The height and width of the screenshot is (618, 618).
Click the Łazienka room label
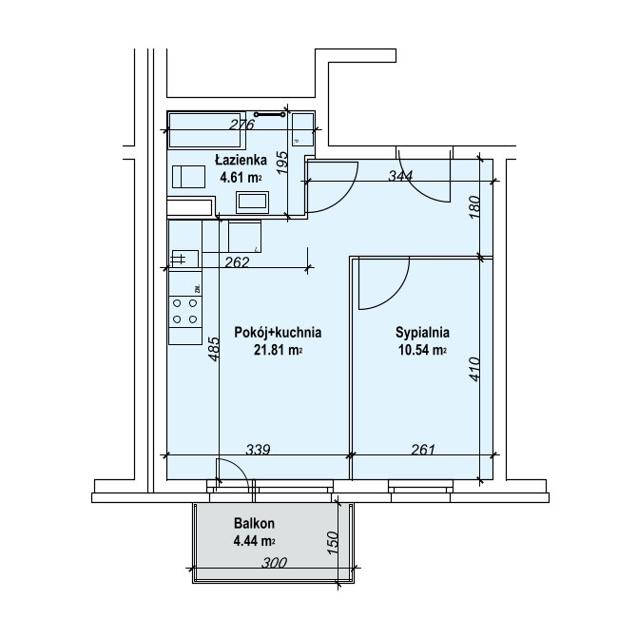241,160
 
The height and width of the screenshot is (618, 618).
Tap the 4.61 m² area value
241,178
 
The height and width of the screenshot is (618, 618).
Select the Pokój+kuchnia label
278,332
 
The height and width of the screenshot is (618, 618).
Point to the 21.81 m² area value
278,350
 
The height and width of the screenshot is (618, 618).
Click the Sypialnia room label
422,332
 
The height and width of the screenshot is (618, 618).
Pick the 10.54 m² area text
422,350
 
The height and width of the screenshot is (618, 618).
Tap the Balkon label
254,524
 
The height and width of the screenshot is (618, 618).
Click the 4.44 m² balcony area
254,541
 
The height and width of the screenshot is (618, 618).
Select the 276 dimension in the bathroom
242,125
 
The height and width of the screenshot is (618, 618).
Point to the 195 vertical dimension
282,163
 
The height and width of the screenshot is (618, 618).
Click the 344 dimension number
400,175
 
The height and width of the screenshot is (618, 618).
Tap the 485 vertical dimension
213,348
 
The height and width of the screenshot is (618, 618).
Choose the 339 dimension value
259,449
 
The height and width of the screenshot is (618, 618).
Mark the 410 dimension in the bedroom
474,369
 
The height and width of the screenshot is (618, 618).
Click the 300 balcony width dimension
275,563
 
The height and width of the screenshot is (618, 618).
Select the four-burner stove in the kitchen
184,311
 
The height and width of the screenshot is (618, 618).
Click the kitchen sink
183,259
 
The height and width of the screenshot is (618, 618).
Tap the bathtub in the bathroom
205,129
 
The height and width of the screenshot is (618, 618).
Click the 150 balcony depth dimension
333,543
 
